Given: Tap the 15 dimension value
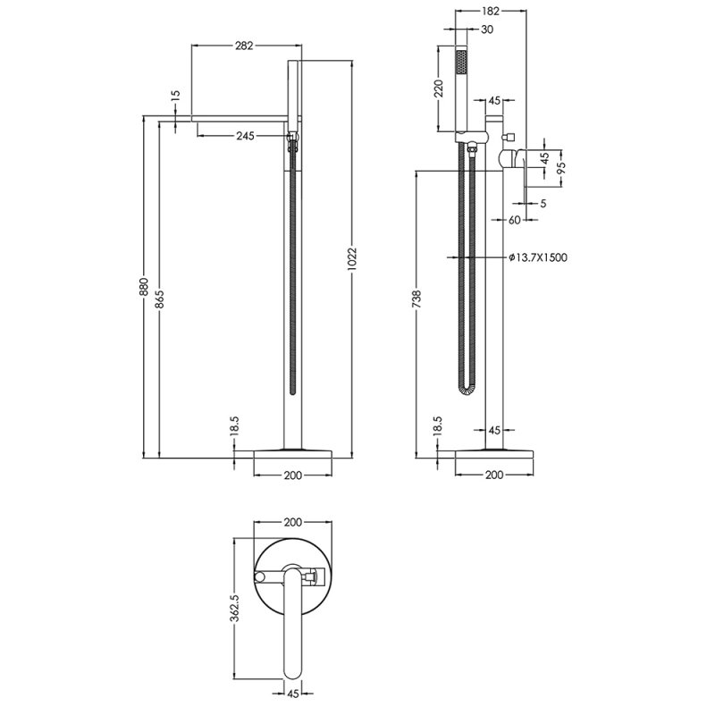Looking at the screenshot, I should [175, 95].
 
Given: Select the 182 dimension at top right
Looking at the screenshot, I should [489, 11].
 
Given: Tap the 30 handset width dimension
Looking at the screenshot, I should [486, 29].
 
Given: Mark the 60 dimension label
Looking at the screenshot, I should [515, 219].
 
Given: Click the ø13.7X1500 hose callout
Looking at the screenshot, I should [538, 257].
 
